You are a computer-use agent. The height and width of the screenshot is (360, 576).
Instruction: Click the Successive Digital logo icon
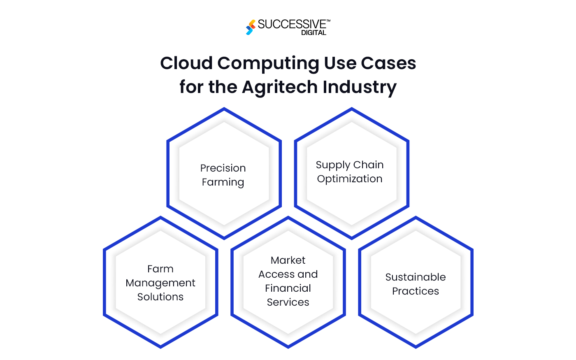(251, 27)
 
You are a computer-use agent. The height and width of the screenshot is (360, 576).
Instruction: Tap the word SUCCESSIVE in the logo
(292, 24)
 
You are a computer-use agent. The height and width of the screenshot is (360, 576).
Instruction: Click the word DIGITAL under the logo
(314, 33)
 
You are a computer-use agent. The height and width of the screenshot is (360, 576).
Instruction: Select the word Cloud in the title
(186, 63)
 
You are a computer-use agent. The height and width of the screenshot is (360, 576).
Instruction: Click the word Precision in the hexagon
(223, 168)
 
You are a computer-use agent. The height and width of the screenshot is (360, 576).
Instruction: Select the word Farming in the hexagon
(223, 182)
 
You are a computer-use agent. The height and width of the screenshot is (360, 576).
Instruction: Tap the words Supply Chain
(350, 165)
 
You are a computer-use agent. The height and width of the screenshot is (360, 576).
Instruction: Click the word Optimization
(350, 179)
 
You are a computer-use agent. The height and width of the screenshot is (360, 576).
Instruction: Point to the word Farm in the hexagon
(160, 269)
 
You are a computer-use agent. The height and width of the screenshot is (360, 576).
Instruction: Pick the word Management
(160, 283)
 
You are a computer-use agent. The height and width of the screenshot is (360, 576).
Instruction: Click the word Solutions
(160, 297)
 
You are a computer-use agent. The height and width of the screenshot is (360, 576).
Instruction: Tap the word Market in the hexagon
(288, 260)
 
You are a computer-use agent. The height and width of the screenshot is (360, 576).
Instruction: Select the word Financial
(288, 288)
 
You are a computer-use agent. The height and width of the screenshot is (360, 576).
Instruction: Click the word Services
(288, 302)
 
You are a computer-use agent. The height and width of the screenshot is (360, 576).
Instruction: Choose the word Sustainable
(416, 277)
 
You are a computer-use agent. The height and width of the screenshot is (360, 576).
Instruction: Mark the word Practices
(416, 291)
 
